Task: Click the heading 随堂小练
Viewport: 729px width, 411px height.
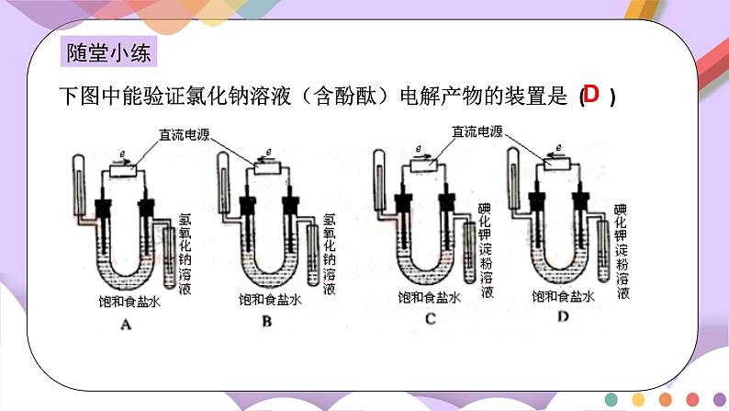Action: [108, 52]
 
